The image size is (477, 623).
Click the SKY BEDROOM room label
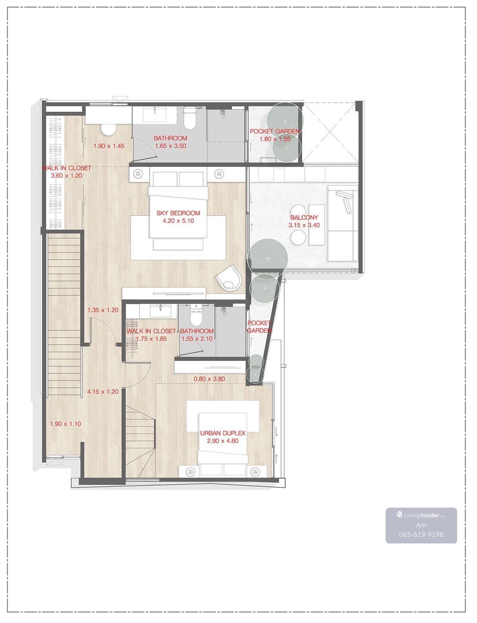178,213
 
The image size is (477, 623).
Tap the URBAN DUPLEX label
223,433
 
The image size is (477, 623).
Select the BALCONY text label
304,217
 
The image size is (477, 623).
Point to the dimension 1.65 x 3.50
171,146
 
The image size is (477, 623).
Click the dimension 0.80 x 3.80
209,379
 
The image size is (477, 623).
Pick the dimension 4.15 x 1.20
103,391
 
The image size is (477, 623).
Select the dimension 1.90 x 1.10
66,424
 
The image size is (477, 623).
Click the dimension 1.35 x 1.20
103,310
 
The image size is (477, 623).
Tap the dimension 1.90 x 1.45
109,146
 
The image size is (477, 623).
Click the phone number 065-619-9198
421,534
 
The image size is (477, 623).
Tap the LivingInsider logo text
421,516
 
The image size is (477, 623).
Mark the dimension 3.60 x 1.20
66,176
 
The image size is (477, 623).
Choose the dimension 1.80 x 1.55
275,139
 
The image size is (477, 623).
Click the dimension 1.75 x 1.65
151,339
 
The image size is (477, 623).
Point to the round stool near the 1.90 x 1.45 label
109,130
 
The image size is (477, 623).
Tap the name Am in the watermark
421,525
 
